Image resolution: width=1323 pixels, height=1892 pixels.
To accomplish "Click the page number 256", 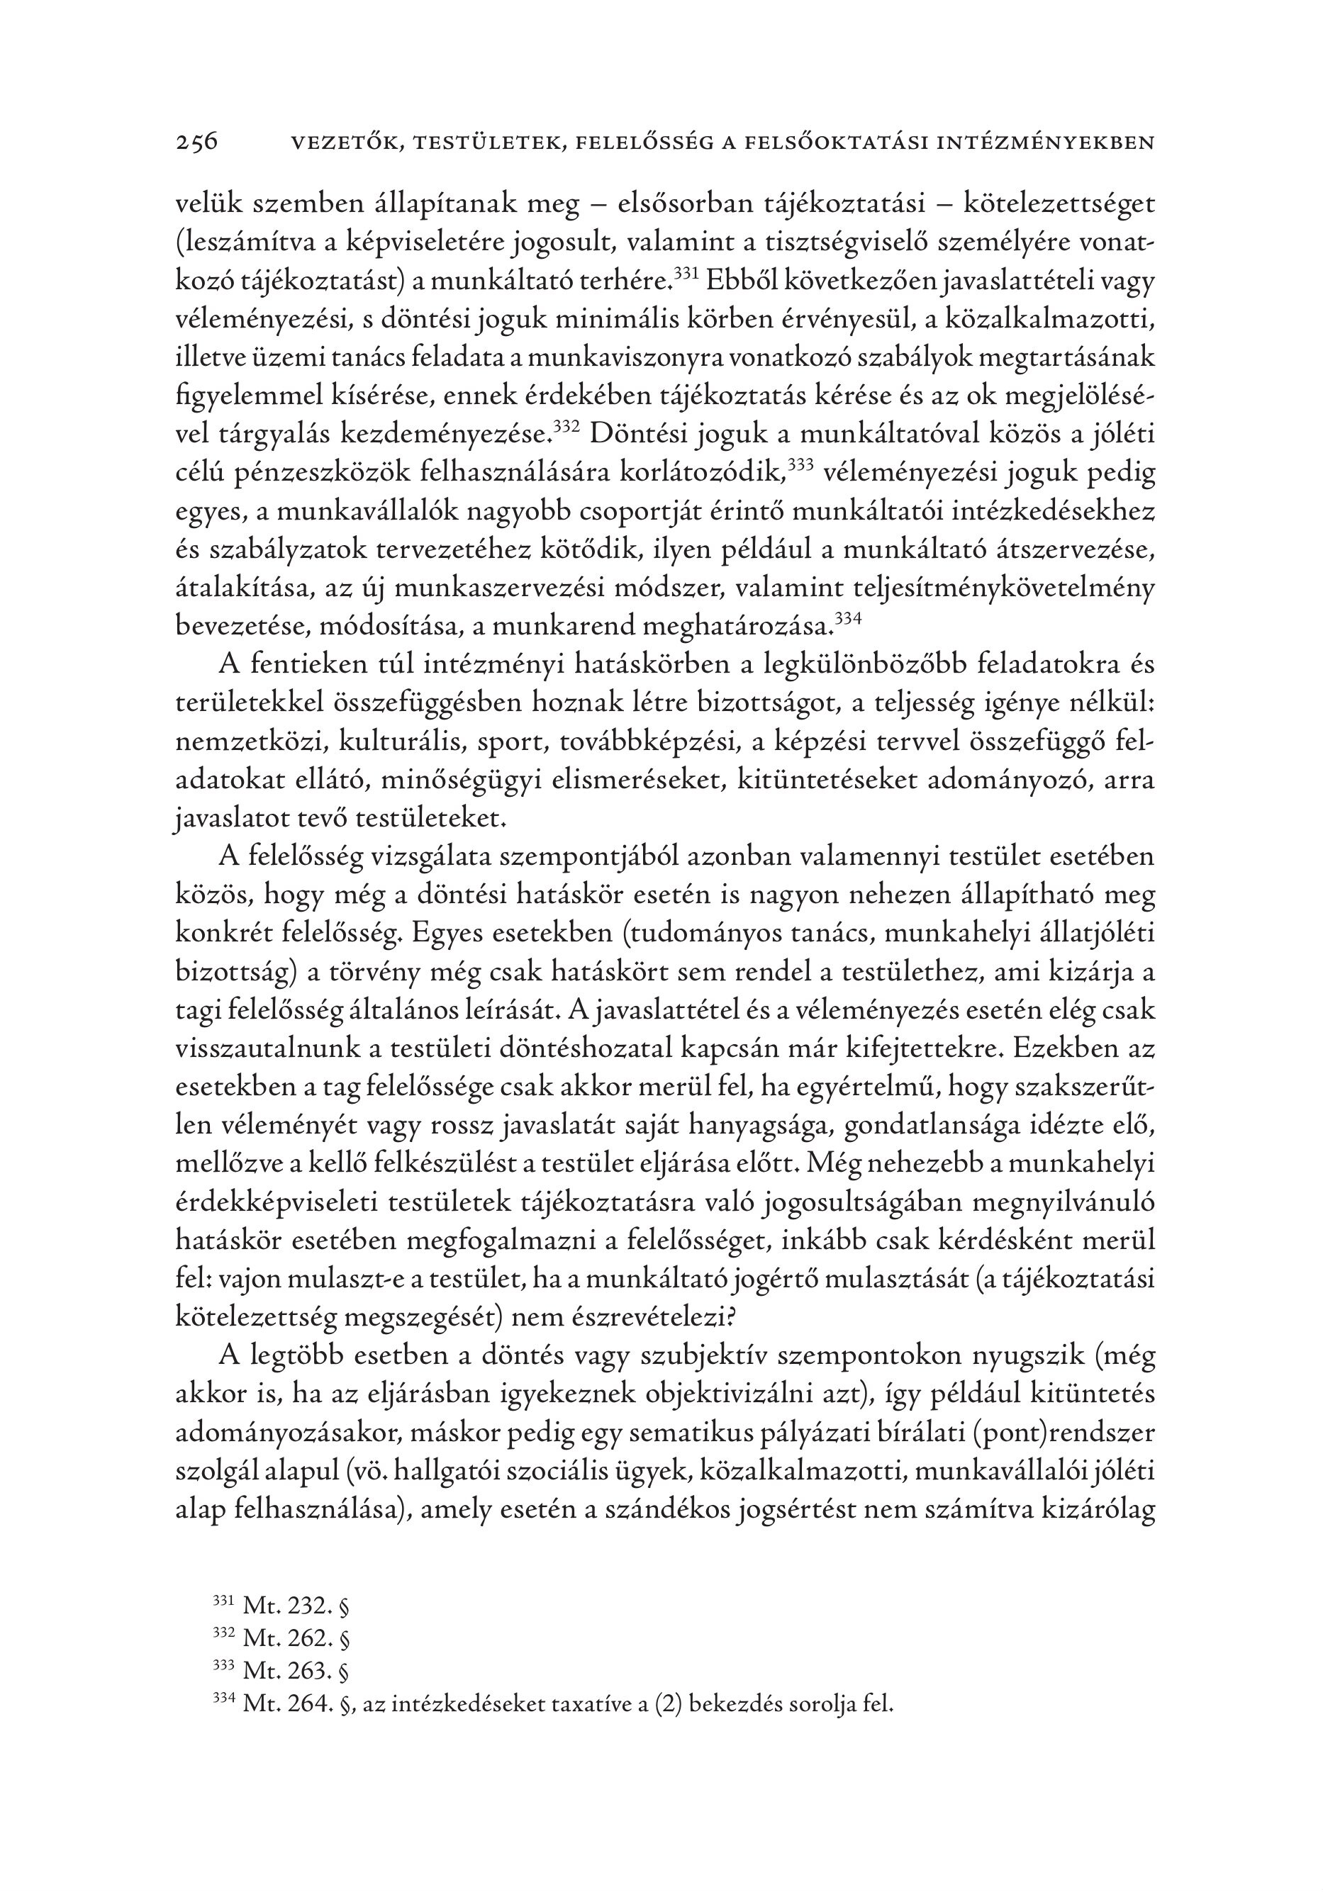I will point(197,142).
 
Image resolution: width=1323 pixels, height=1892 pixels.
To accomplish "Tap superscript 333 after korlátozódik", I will point(801,464).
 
